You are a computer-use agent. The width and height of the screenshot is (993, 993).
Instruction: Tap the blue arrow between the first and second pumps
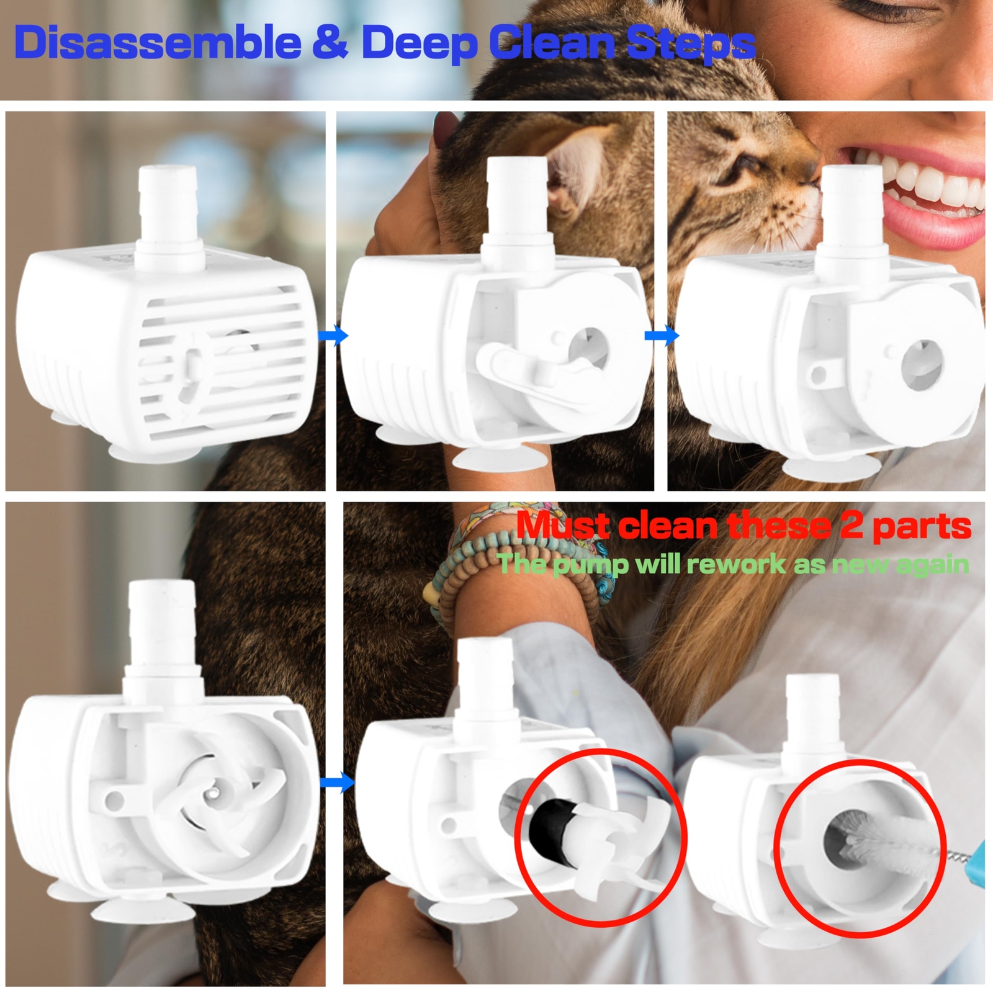[334, 336]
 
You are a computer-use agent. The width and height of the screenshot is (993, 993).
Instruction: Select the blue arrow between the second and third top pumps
[662, 336]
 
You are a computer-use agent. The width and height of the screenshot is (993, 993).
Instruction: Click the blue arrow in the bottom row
[337, 782]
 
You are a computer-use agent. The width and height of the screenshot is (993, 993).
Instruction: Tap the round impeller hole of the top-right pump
[922, 364]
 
